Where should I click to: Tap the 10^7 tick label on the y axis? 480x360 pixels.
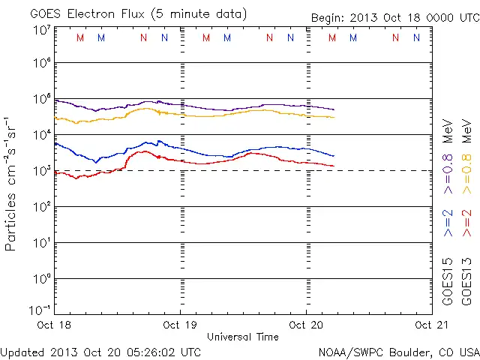[x=42, y=30]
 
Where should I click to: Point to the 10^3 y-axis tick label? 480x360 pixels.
[x=42, y=171]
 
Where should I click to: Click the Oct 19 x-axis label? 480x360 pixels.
[x=181, y=325]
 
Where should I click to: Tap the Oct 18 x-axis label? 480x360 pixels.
[x=55, y=325]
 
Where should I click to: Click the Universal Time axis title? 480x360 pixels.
[x=242, y=337]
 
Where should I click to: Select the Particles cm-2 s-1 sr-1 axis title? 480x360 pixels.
[x=13, y=183]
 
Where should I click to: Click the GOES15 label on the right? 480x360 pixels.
[x=448, y=281]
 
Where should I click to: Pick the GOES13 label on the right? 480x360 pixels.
[x=466, y=281]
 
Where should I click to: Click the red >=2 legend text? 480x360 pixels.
[x=466, y=222]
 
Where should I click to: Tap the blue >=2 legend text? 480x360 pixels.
[x=448, y=222]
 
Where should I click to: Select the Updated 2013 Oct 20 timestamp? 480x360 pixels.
[x=100, y=351]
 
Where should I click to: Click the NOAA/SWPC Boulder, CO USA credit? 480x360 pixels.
[x=398, y=351]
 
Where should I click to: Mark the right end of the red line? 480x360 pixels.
[x=334, y=166]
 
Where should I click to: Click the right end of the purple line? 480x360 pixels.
[x=334, y=110]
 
